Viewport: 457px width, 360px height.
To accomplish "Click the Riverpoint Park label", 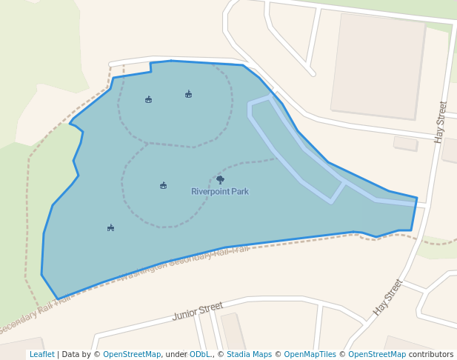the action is (x=220, y=192).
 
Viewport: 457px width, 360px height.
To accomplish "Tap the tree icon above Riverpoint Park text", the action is (x=220, y=179).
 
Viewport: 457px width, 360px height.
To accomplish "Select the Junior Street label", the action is (x=198, y=311).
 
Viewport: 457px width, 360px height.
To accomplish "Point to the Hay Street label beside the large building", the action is (x=441, y=122).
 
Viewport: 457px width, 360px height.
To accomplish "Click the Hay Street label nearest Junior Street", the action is (x=388, y=297).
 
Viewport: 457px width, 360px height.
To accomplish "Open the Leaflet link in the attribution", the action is (x=42, y=355).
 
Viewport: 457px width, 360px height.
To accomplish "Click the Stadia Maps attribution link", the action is (x=249, y=355).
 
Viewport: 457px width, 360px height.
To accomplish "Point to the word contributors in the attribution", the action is (x=431, y=355).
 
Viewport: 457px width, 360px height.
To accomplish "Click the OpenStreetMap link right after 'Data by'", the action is (x=132, y=355).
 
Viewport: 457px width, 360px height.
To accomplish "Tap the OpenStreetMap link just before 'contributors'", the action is (x=377, y=355).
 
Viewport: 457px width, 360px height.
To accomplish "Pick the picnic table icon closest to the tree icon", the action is (x=163, y=185).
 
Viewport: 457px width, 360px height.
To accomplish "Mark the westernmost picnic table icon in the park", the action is (x=110, y=228).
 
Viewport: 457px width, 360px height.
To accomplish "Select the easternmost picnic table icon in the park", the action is (x=188, y=94).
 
